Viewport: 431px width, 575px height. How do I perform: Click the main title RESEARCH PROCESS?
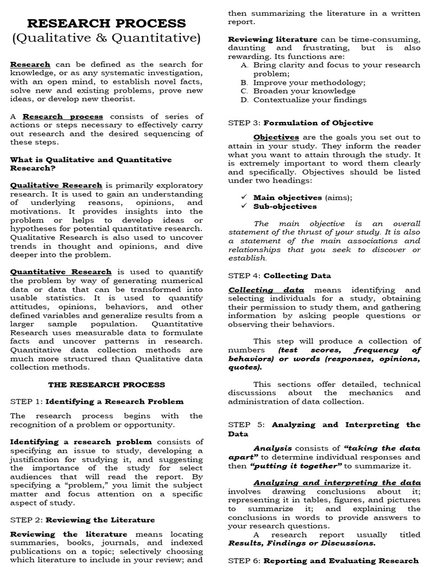[x=107, y=24]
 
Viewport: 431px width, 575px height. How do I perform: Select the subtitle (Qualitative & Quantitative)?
[x=107, y=39]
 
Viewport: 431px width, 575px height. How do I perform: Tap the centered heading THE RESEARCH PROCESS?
[x=107, y=385]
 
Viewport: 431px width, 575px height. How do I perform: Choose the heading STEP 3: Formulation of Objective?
[x=300, y=122]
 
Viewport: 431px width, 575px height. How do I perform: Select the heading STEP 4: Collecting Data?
[x=279, y=276]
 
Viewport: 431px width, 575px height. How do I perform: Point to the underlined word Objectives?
[x=276, y=137]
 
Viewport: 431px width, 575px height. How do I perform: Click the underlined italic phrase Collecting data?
[x=266, y=290]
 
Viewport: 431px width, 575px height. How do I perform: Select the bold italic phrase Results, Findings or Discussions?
[x=302, y=543]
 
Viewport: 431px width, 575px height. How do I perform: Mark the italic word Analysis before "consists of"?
[x=273, y=448]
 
